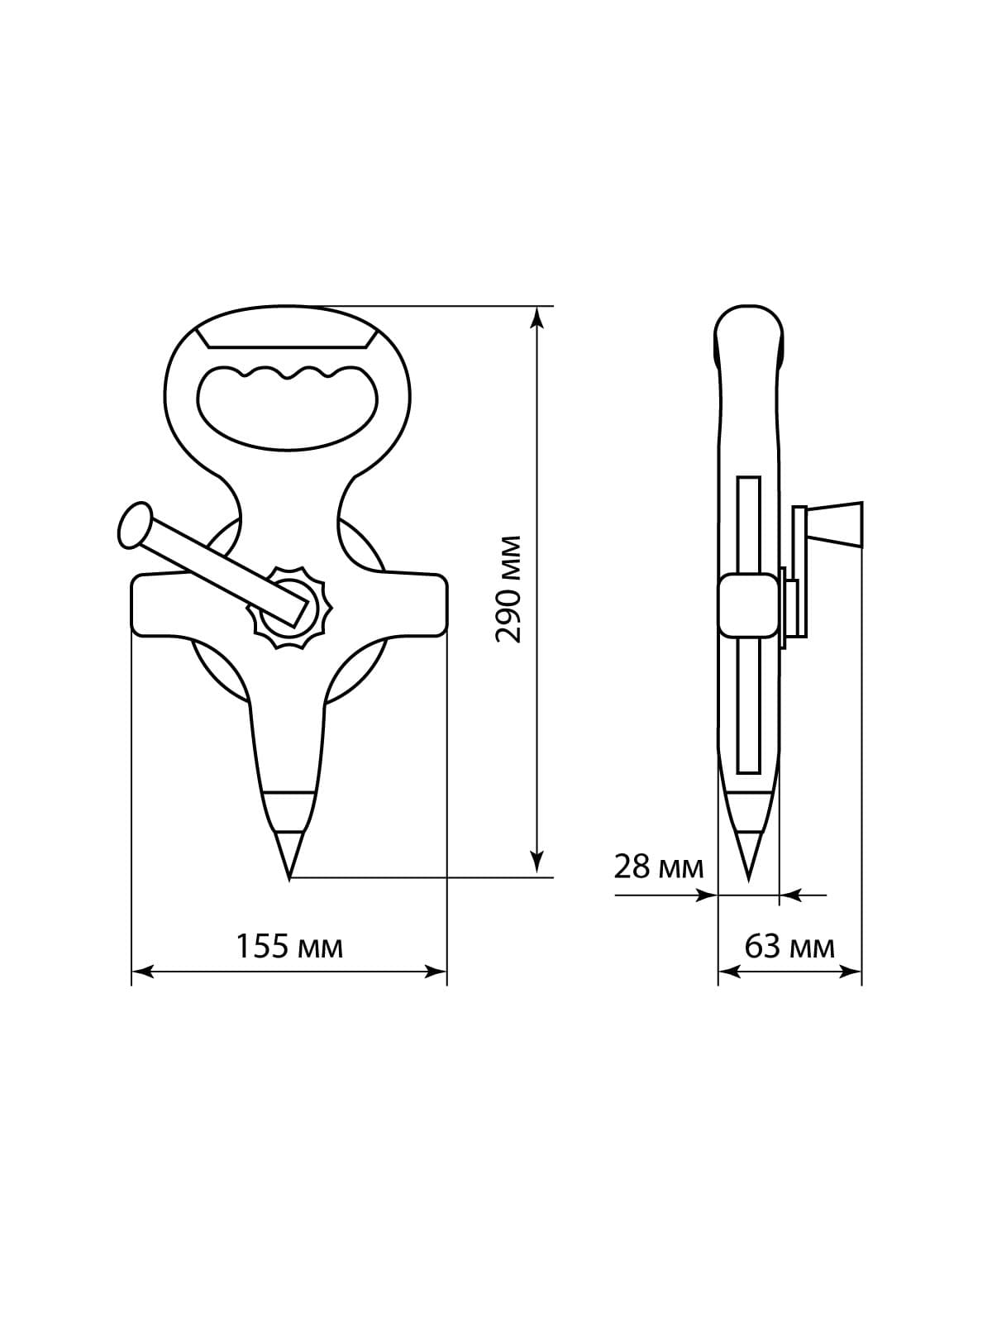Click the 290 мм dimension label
(x=507, y=590)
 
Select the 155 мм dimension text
(x=289, y=947)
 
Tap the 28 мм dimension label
(x=658, y=867)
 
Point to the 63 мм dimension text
(x=789, y=947)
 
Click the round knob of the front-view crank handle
(x=135, y=526)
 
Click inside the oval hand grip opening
(x=288, y=408)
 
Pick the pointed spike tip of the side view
(x=749, y=881)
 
